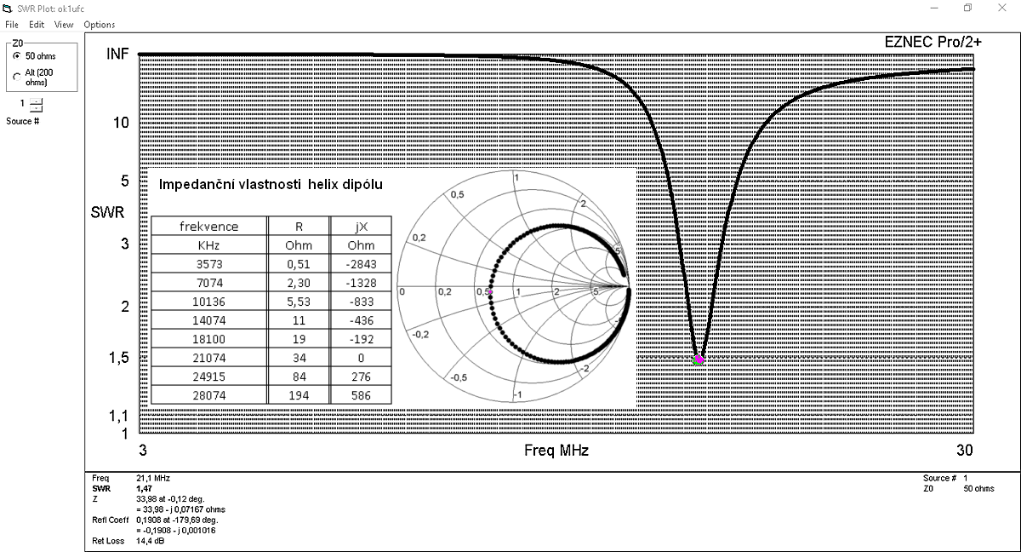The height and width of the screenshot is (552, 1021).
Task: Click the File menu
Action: (12, 25)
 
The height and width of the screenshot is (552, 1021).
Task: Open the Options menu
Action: (100, 25)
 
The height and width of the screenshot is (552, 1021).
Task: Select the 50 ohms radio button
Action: (17, 56)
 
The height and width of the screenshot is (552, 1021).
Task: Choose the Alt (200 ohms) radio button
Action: (17, 78)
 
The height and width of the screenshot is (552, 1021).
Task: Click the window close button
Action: (1002, 8)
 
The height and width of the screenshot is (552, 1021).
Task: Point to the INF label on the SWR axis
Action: (117, 54)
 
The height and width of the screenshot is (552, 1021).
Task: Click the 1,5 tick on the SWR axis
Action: (119, 358)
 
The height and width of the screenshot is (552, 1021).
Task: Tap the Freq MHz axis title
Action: (556, 451)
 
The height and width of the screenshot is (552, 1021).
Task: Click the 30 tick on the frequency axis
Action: (965, 451)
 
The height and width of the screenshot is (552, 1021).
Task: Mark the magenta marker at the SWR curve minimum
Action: (699, 360)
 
